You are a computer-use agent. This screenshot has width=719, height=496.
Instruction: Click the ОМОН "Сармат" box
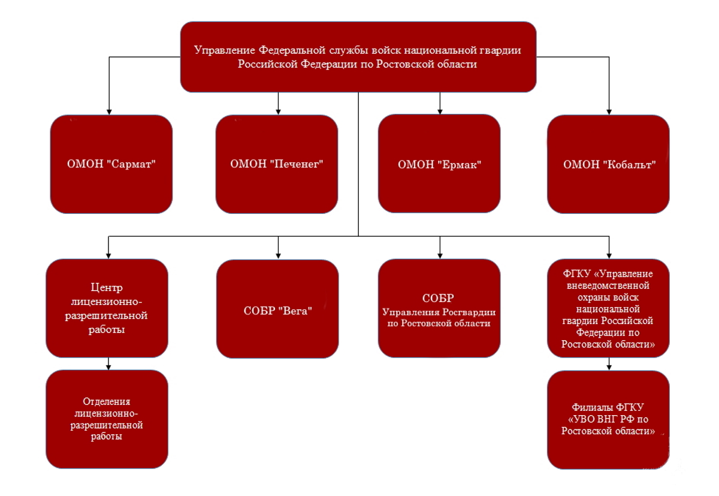(111, 164)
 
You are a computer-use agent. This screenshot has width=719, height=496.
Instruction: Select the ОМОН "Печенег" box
(277, 164)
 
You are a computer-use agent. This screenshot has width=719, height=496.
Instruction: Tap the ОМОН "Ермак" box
(439, 164)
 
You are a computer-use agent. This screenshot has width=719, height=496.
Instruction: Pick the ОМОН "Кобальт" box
(608, 164)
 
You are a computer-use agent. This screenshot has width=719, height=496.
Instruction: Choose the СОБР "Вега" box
(277, 309)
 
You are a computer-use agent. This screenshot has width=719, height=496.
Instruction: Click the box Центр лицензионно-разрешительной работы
(107, 309)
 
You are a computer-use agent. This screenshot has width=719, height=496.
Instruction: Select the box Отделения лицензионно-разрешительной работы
(107, 419)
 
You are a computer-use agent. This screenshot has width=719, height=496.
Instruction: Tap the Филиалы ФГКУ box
(608, 420)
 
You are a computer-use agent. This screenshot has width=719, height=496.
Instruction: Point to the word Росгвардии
(469, 312)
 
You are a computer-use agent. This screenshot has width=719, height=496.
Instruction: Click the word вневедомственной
(608, 285)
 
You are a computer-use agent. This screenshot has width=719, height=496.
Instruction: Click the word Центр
(107, 288)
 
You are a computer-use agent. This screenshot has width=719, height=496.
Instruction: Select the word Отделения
(107, 401)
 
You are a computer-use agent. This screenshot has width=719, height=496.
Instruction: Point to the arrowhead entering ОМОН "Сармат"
(109, 112)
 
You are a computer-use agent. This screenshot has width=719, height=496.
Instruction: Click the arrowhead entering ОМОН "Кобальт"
(609, 112)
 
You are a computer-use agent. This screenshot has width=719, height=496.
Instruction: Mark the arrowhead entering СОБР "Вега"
(278, 256)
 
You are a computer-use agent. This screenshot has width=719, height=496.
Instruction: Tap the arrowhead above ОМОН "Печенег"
(278, 112)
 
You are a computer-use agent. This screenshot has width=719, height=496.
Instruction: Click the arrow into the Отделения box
(108, 364)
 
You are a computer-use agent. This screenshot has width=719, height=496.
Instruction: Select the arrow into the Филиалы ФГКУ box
(609, 364)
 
